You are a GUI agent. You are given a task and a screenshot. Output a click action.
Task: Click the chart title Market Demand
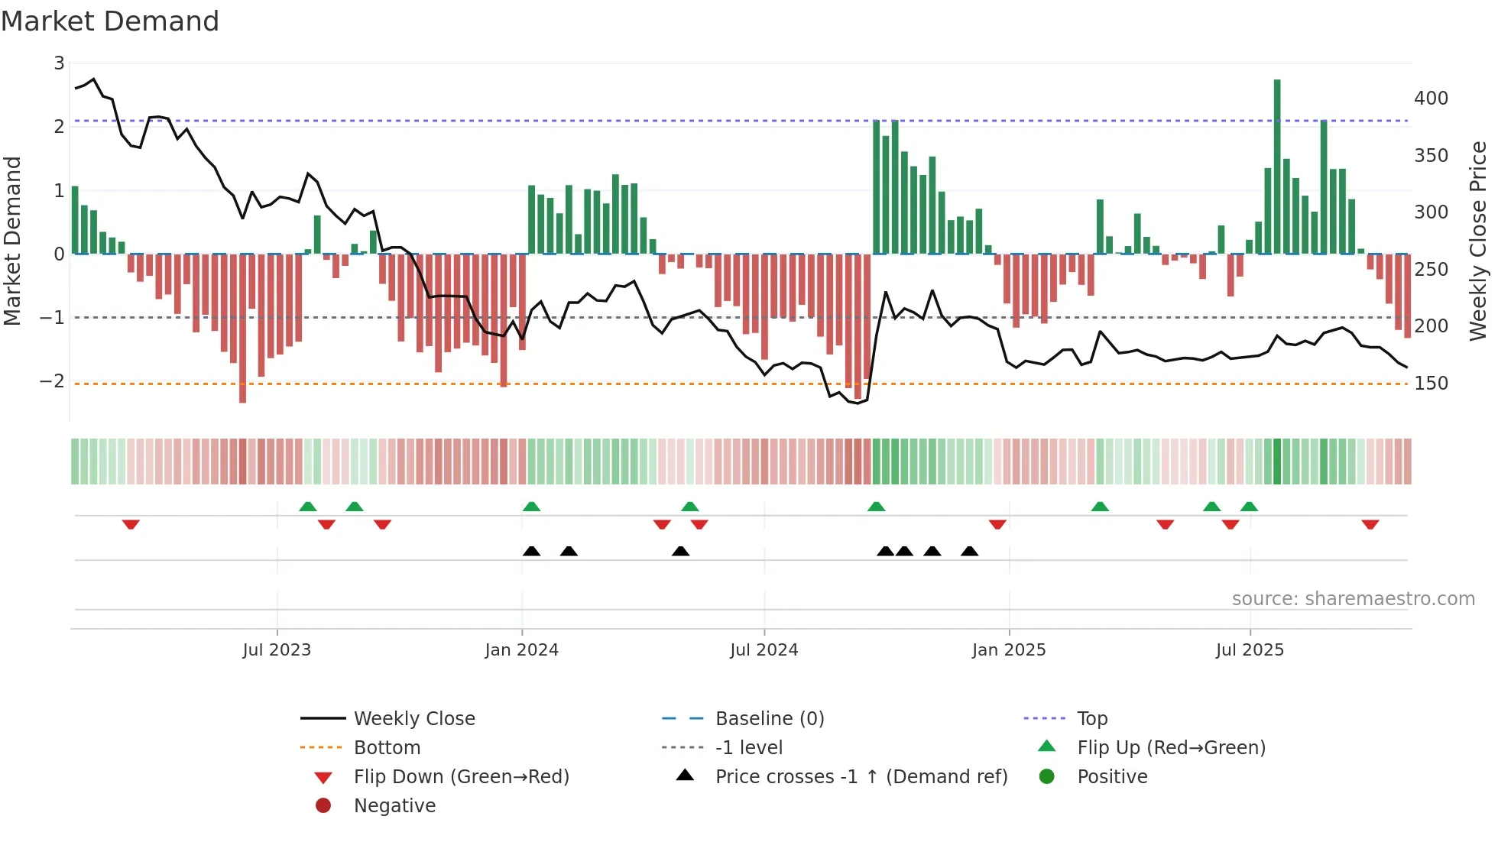coord(110,21)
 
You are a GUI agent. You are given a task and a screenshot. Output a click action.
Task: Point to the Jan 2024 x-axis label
coord(521,650)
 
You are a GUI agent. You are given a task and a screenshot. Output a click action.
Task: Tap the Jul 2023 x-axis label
coord(277,650)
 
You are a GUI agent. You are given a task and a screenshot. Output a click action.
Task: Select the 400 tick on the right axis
coord(1431,99)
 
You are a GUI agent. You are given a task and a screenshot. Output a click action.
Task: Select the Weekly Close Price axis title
coord(1478,241)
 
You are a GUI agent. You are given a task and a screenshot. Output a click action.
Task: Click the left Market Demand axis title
coord(12,241)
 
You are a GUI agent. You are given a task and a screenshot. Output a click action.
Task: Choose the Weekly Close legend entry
coord(413,719)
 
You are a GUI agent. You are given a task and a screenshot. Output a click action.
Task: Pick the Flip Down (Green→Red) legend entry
coord(461,777)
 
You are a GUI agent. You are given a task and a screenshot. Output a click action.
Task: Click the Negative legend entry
coord(394,806)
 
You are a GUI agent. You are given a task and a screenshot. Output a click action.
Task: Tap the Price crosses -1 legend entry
coord(861,777)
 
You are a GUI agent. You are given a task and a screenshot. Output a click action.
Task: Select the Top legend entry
coord(1091,719)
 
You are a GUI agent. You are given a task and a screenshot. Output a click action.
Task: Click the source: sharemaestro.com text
coord(1353,599)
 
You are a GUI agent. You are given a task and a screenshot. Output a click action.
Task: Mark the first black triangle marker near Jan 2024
coord(531,551)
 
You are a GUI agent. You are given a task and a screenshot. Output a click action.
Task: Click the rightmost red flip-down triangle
coord(1370,524)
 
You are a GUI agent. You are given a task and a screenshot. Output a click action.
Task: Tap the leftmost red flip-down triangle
coord(131,524)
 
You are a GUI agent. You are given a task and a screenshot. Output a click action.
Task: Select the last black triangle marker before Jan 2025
coord(969,551)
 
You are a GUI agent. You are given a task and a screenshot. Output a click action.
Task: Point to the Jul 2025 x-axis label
coord(1250,650)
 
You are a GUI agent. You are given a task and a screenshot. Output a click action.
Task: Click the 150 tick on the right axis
coord(1431,384)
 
